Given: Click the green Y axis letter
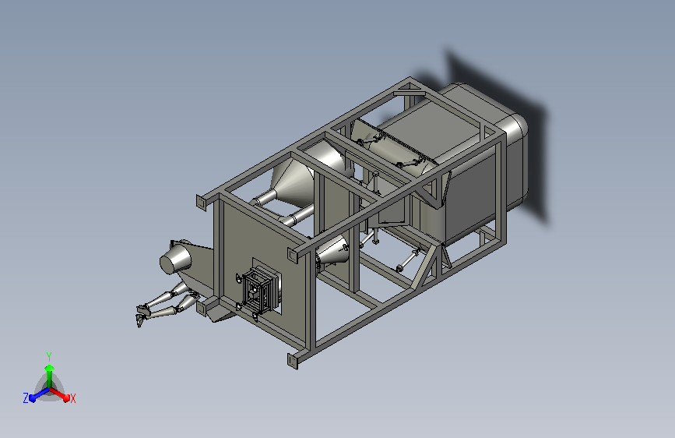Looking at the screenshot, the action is [x=49, y=356].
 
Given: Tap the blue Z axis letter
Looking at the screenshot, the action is [x=26, y=398].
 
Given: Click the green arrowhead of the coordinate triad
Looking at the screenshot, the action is [x=50, y=368].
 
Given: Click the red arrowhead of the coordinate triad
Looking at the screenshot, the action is [x=66, y=397].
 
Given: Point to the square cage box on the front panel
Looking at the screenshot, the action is [x=258, y=290].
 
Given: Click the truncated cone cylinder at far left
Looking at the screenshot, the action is [x=175, y=258].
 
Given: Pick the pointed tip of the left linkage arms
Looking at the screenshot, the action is [x=139, y=322].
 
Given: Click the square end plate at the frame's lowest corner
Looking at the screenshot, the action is [x=293, y=360].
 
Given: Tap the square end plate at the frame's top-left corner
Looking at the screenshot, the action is [x=202, y=202].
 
